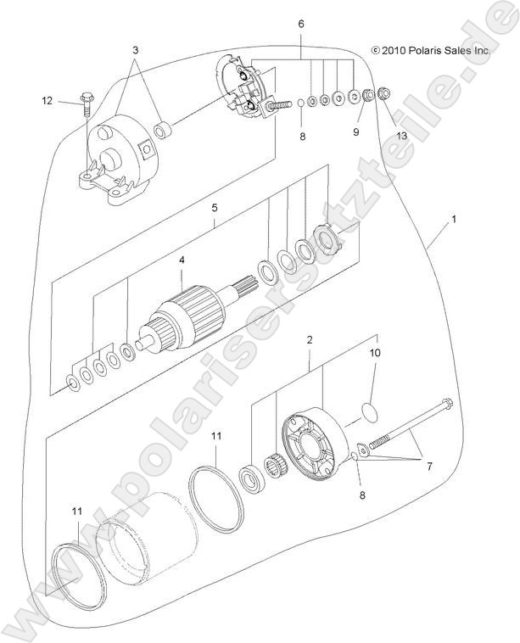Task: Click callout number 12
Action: [x=48, y=101]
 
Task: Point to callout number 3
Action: [x=135, y=51]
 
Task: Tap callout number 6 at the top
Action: [x=300, y=25]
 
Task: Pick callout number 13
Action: [x=401, y=135]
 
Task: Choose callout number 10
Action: [x=374, y=351]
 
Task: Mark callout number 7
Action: [x=428, y=467]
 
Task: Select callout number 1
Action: [x=454, y=219]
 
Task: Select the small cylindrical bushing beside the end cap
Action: [x=163, y=131]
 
